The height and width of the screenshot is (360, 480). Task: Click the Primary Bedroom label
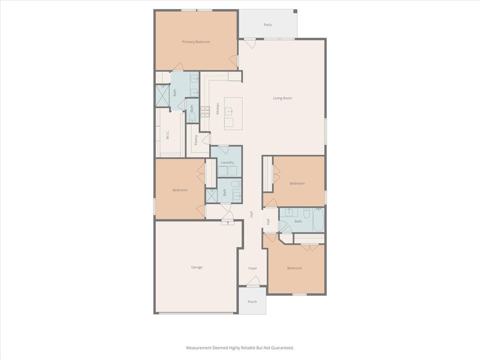[196, 42]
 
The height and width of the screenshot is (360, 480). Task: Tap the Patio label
[268, 25]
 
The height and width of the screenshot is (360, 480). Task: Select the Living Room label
[283, 98]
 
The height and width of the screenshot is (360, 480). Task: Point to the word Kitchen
[217, 109]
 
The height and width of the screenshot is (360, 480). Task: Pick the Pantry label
[196, 140]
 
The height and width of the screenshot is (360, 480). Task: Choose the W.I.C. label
[167, 135]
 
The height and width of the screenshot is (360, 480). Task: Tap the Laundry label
[227, 162]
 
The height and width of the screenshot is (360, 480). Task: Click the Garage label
[196, 267]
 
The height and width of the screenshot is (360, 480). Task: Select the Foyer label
[253, 268]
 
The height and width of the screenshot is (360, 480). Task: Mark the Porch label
[252, 301]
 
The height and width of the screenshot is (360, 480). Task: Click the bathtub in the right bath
[318, 220]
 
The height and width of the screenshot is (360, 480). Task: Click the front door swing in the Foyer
[253, 281]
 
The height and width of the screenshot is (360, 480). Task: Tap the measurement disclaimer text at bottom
[240, 348]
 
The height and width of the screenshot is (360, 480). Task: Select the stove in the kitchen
[205, 112]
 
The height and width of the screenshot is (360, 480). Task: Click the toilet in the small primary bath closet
[192, 116]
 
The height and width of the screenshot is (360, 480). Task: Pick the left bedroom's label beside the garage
[180, 190]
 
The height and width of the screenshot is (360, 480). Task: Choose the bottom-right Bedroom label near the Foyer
[294, 268]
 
